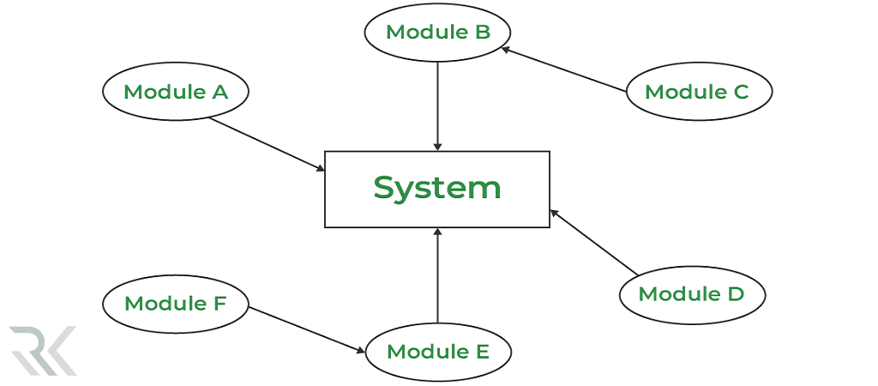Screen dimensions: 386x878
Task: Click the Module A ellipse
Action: pyautogui.click(x=176, y=92)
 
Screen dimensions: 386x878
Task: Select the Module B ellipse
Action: pyautogui.click(x=438, y=33)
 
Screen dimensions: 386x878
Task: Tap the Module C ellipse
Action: pyautogui.click(x=699, y=91)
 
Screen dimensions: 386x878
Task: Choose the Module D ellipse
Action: pyautogui.click(x=692, y=294)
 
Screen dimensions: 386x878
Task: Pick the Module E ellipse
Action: pyautogui.click(x=438, y=352)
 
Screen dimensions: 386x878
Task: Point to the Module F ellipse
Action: pyautogui.click(x=176, y=304)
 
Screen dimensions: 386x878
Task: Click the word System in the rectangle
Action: pyautogui.click(x=437, y=188)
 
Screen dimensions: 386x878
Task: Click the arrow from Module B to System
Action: pyautogui.click(x=438, y=103)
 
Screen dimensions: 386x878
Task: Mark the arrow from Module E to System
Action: pyautogui.click(x=438, y=274)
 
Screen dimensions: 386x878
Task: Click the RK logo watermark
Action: pyautogui.click(x=43, y=350)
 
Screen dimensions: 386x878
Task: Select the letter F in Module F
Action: pyautogui.click(x=219, y=304)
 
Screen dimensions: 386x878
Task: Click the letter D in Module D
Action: pyautogui.click(x=735, y=294)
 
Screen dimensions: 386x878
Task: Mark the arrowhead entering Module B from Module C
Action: pyautogui.click(x=506, y=49)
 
